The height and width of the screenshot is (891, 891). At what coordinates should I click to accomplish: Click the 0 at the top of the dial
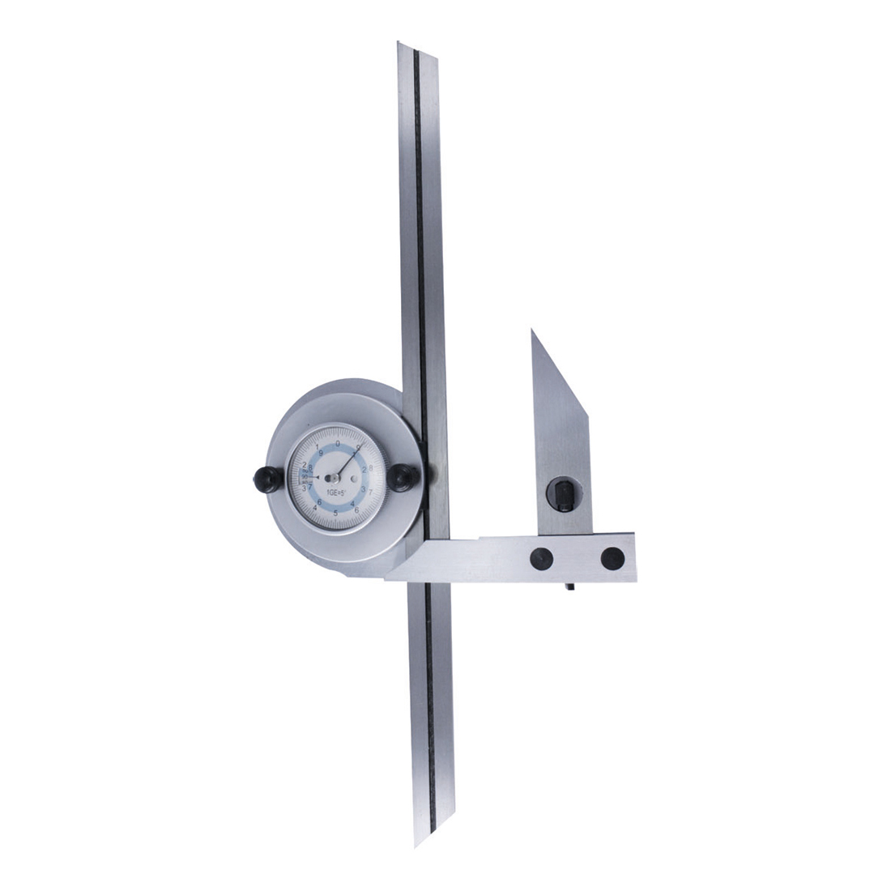click(x=338, y=443)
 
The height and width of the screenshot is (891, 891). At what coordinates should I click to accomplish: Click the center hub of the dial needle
click(x=335, y=478)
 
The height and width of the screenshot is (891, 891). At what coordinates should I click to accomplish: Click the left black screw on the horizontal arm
click(x=541, y=557)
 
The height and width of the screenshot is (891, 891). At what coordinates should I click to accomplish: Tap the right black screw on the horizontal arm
click(x=612, y=557)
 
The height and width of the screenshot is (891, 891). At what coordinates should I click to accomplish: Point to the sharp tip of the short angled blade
click(x=533, y=330)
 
